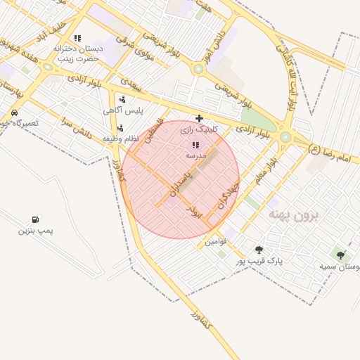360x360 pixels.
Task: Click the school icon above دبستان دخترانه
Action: click(77, 38)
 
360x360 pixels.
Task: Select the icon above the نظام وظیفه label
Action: click(120, 128)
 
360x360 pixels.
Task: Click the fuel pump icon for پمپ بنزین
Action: click(35, 220)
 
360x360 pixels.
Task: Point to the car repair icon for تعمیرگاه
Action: click(14, 112)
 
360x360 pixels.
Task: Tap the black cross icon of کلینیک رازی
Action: click(200, 118)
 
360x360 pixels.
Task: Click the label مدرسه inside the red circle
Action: click(195, 154)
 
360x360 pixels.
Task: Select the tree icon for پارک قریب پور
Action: click(259, 250)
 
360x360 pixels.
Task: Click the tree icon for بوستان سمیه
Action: click(341, 256)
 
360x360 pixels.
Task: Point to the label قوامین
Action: click(216, 242)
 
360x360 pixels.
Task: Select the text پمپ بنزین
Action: click(36, 231)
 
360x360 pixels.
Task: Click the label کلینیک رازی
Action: click(199, 129)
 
